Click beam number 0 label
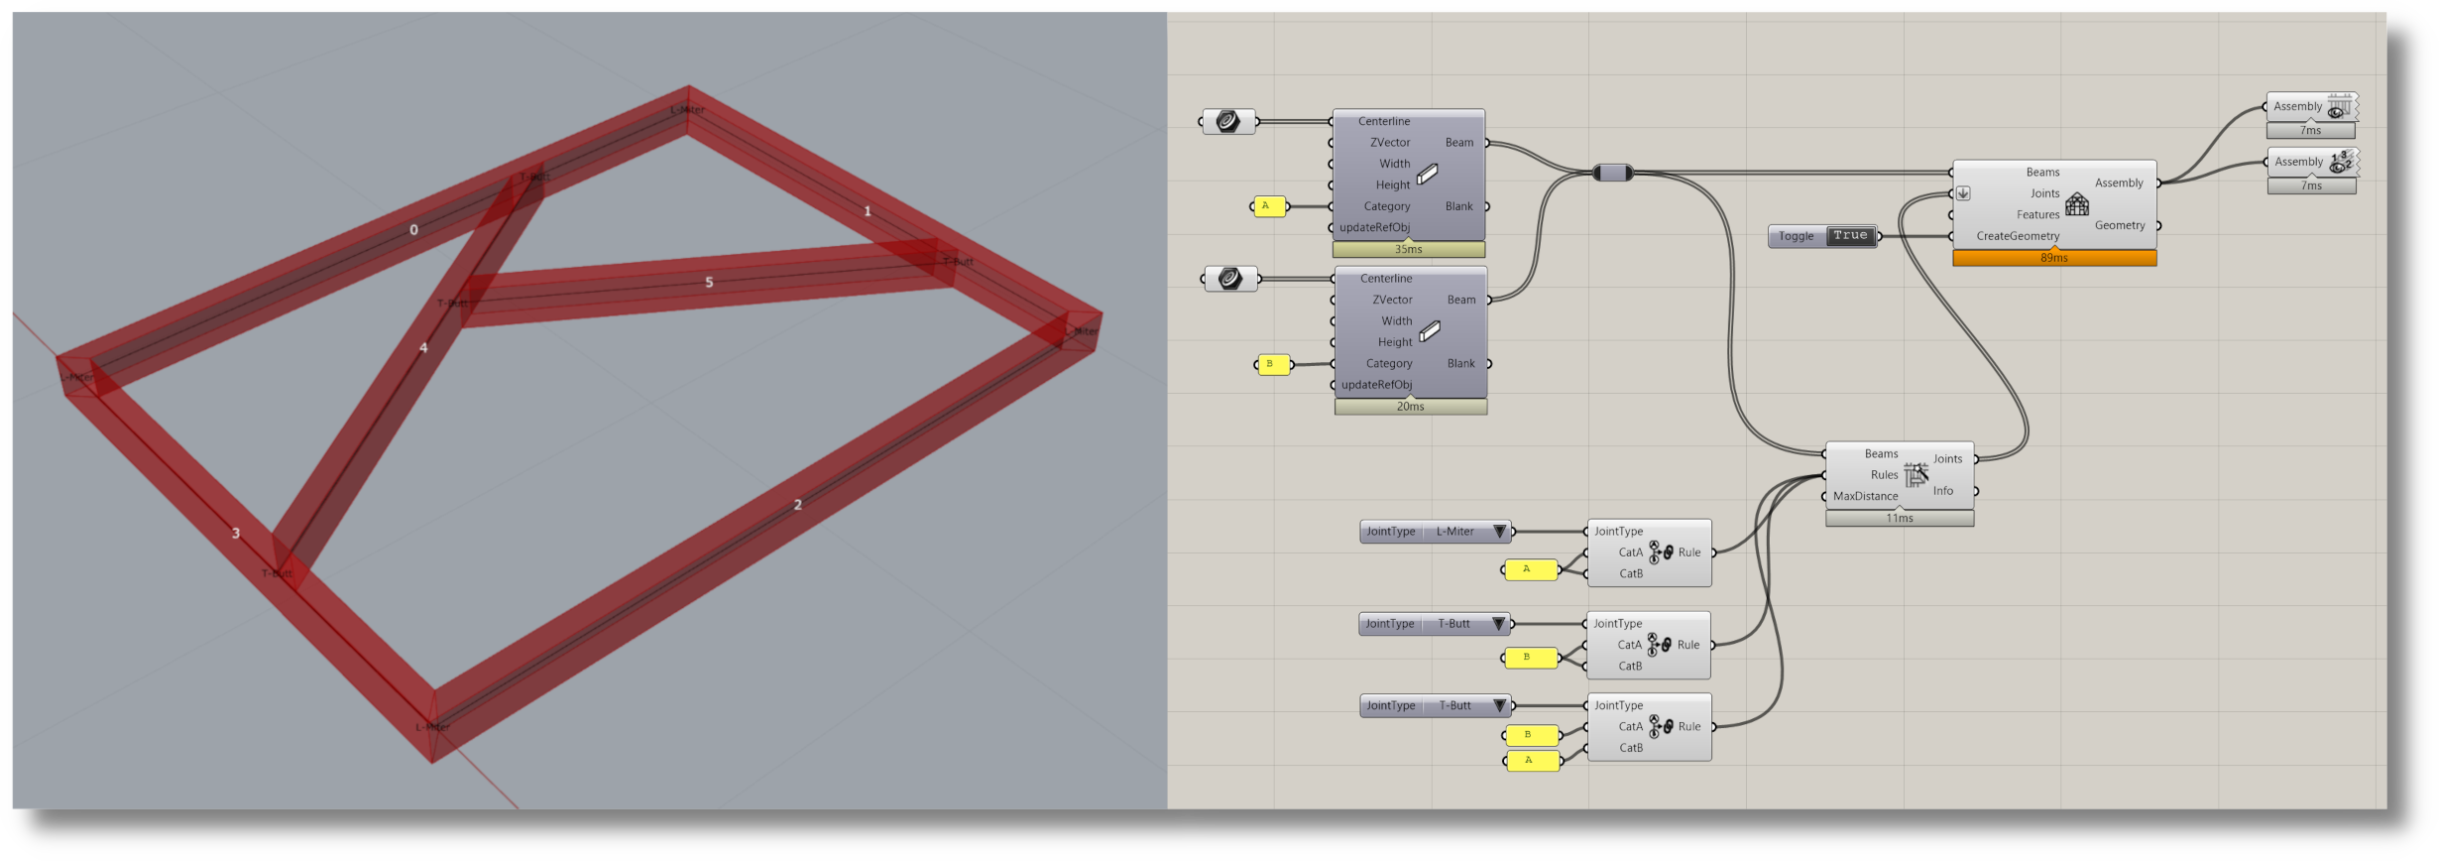tap(413, 230)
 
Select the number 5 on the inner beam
tap(709, 283)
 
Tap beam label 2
tap(798, 505)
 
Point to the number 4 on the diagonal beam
tap(423, 348)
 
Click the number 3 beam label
tap(236, 534)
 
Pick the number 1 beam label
tap(868, 211)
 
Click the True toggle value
tap(1850, 236)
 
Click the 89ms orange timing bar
tap(2054, 258)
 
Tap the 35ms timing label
tap(1408, 249)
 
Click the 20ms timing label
tap(1410, 407)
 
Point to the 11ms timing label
tap(1900, 519)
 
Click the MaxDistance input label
tap(1865, 497)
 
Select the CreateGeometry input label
tap(2018, 236)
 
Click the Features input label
tap(2037, 215)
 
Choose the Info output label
tap(1942, 491)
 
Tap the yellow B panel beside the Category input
tap(1273, 364)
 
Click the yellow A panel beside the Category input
tap(1269, 206)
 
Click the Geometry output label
tap(2120, 226)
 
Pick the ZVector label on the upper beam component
tap(1390, 143)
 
